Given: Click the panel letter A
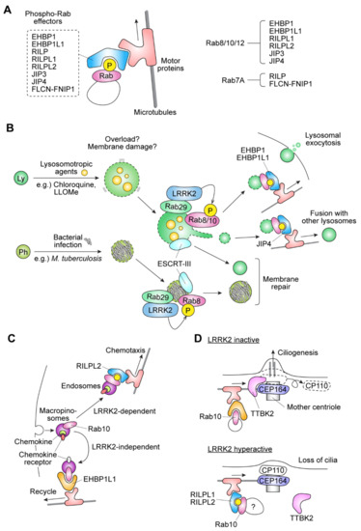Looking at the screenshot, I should tap(9, 9).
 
